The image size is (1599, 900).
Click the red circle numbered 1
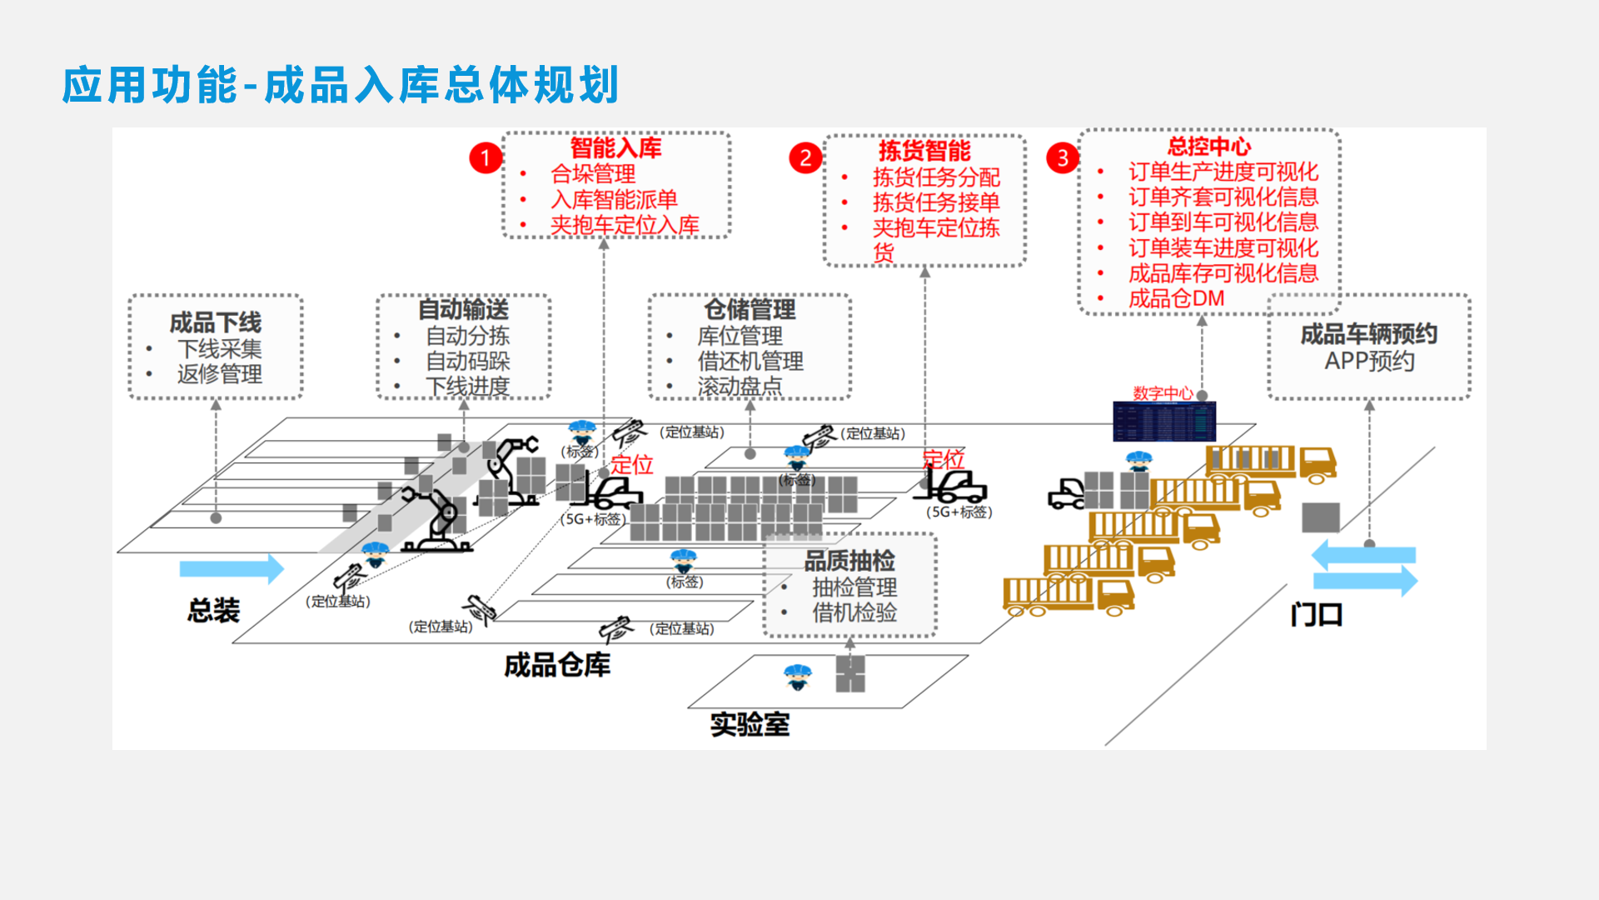486,157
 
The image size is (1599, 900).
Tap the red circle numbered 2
804,157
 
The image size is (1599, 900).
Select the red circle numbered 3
1062,157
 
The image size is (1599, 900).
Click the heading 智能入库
615,148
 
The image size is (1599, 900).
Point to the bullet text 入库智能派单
614,200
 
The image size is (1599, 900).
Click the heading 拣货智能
924,151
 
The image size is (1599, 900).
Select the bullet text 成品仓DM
1176,298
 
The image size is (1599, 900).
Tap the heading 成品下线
216,322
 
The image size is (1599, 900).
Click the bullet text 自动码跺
467,362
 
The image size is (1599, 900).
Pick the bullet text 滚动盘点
740,387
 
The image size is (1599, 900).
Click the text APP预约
1369,362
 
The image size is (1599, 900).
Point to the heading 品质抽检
849,561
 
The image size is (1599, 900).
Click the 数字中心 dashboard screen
1164,422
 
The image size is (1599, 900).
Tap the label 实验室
750,724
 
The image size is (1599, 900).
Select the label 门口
1316,615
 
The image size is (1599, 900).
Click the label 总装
213,611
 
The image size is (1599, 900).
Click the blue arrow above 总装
232,569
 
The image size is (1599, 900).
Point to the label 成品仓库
557,665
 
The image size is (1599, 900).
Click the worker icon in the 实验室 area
798,677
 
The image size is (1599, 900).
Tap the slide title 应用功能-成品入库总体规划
341,85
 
